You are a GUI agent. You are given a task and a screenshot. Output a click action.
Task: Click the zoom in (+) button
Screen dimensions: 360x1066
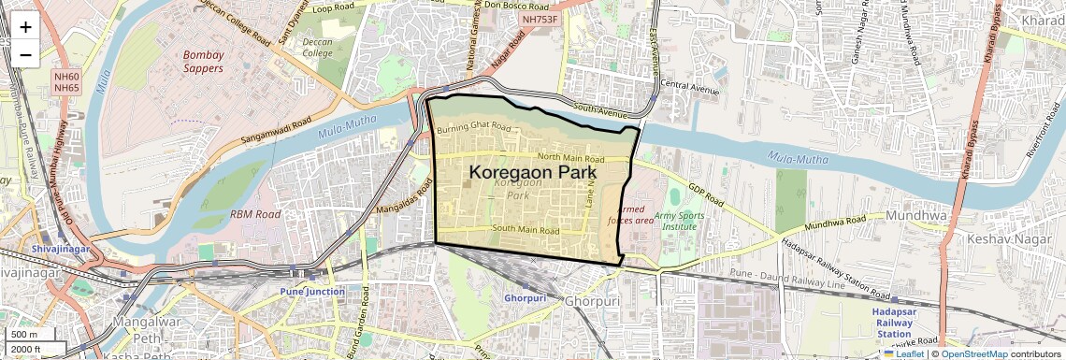[25, 26]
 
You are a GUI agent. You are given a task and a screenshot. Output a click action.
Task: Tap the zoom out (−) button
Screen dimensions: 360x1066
[25, 54]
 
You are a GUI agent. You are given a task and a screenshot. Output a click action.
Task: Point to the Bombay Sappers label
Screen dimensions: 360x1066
[203, 61]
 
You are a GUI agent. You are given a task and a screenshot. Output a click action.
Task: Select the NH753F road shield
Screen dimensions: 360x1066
[540, 19]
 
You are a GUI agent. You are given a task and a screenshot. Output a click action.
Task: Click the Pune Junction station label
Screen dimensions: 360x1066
[312, 292]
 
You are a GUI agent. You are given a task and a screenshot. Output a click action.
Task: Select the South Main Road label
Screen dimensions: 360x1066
[525, 230]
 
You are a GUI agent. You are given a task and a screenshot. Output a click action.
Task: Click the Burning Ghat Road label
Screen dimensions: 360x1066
[474, 127]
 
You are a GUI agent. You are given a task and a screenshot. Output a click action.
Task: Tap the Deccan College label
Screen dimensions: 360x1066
[317, 48]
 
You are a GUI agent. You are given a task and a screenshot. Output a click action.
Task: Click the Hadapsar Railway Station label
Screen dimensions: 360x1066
[893, 322]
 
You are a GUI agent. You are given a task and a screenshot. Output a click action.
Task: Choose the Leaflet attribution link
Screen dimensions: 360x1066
[903, 353]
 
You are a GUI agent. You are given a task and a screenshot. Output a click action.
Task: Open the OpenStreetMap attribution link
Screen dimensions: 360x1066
[973, 353]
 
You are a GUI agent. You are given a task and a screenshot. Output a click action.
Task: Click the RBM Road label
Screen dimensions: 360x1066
[255, 214]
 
